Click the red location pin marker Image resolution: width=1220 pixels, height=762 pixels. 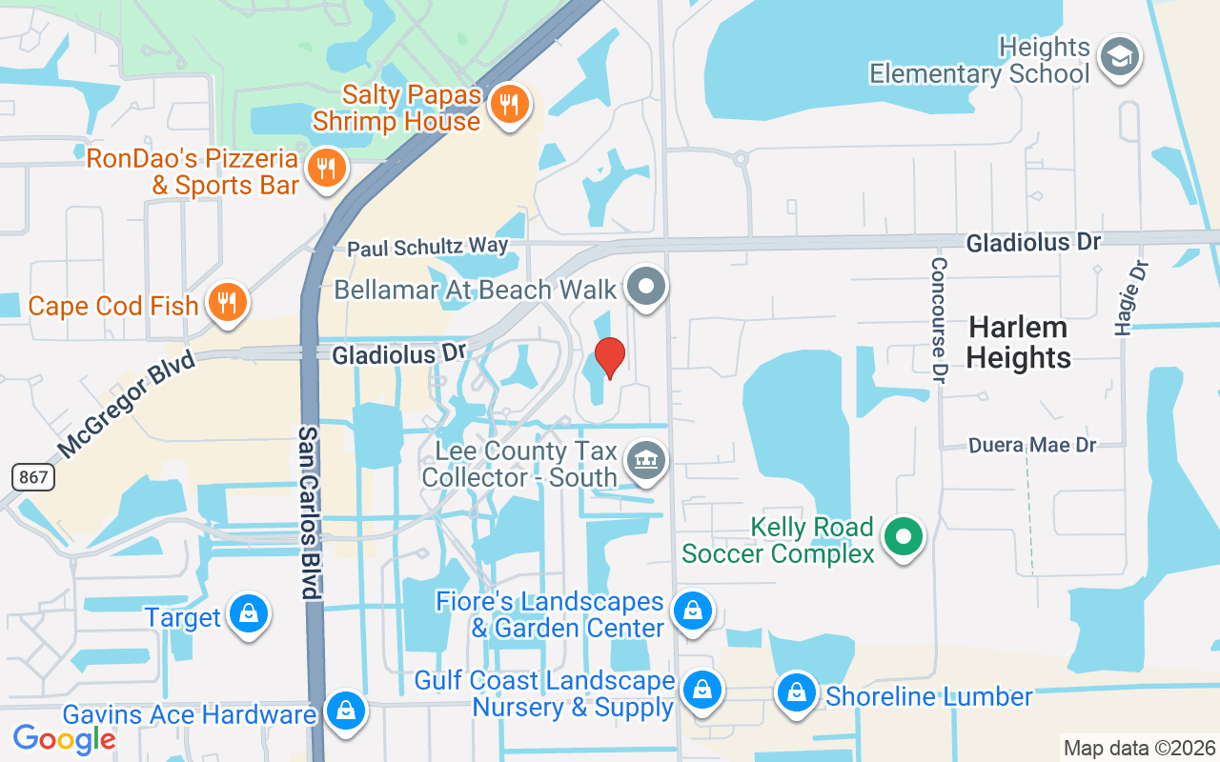click(610, 358)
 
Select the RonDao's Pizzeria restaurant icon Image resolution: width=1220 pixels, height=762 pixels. click(327, 169)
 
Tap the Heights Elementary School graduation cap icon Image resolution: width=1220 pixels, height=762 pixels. click(1120, 57)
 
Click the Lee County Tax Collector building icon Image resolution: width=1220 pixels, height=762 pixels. click(646, 462)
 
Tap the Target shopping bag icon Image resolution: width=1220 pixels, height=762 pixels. click(249, 614)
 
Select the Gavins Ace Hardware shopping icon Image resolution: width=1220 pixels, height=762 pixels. click(346, 711)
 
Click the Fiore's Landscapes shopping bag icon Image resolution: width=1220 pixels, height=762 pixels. click(693, 612)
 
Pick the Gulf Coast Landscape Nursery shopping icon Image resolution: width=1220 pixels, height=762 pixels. click(702, 692)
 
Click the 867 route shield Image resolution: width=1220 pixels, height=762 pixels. click(33, 477)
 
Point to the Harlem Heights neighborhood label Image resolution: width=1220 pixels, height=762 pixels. click(1019, 343)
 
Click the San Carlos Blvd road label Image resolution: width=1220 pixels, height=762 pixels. click(308, 511)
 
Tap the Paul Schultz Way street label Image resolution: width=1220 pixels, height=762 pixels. click(427, 247)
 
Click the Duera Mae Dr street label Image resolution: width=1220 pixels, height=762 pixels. click(1032, 445)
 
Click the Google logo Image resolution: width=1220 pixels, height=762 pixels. click(64, 738)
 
